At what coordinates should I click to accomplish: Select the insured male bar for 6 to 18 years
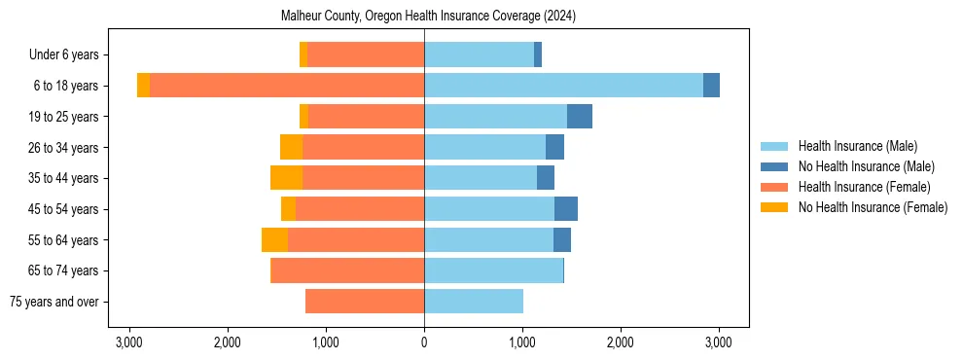563,86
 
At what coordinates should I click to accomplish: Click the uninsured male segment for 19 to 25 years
580,117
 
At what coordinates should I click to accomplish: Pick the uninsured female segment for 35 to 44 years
286,178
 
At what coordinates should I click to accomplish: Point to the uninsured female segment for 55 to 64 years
274,239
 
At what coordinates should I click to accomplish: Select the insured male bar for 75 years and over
474,302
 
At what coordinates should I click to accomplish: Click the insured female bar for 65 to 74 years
347,270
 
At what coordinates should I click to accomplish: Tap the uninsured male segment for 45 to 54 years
566,209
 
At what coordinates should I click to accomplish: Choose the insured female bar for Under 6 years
366,54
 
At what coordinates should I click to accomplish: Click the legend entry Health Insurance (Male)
857,146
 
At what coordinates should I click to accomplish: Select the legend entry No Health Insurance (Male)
865,166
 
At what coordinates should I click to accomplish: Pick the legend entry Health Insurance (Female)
864,187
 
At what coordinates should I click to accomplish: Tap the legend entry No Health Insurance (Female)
872,207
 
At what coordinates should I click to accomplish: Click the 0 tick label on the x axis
424,342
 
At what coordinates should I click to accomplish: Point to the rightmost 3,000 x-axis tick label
718,342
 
